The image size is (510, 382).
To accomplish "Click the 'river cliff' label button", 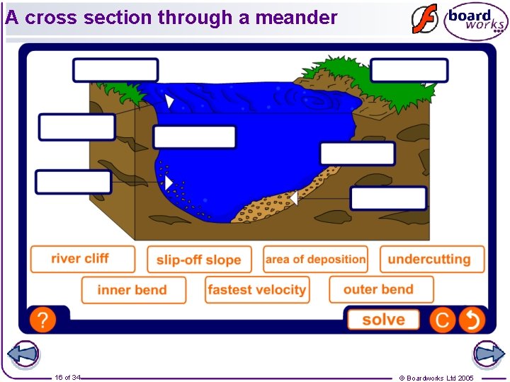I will [x=82, y=259].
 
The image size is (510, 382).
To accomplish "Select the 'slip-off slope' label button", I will [x=199, y=260].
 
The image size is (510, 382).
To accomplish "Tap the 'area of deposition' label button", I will [x=315, y=260].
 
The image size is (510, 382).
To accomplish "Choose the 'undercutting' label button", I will [x=432, y=260].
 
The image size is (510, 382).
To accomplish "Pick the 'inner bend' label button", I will [x=133, y=290].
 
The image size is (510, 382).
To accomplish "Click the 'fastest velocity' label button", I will [x=257, y=290].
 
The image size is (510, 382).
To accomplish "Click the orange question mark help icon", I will [x=42, y=320].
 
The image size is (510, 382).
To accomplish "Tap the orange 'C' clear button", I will [x=443, y=320].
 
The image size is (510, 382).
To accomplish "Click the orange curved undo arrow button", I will [x=472, y=320].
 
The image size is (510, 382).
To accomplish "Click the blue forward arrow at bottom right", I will [x=488, y=355].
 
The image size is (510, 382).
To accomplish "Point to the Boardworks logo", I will [x=476, y=21].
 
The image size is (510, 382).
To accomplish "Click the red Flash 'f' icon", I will [x=425, y=19].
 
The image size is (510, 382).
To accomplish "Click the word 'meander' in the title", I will [x=296, y=18].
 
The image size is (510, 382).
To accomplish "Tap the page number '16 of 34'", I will [x=67, y=378].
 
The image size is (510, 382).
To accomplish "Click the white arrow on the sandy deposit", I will [x=293, y=199].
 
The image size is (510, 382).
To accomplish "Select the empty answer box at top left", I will [x=115, y=70].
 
